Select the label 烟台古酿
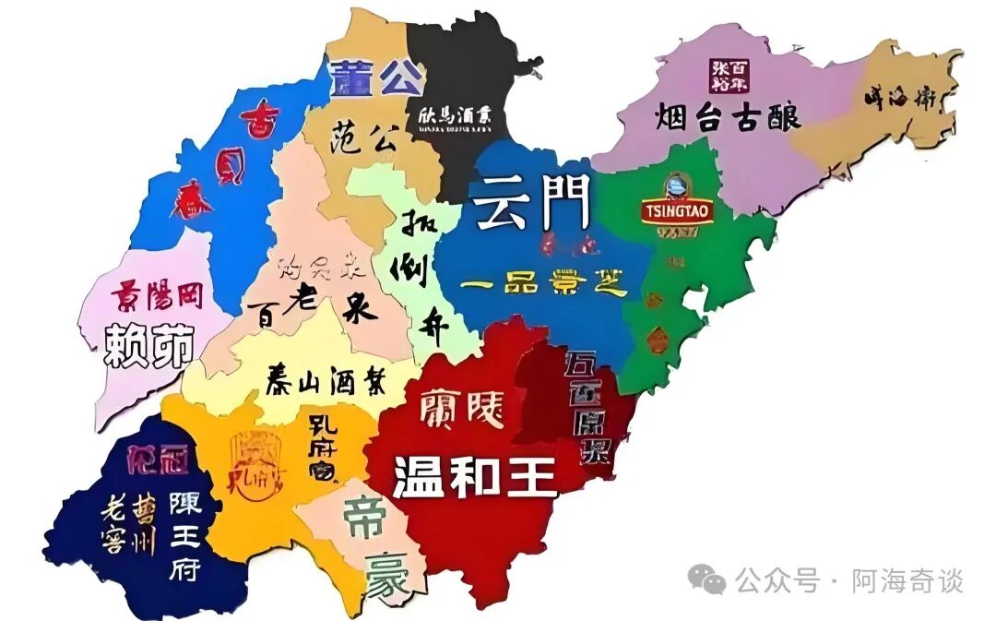729,117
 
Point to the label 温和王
475,477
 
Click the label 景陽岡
158,295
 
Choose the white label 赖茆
150,345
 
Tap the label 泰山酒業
326,378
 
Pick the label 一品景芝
544,283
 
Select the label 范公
363,139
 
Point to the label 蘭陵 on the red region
462,409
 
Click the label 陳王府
184,535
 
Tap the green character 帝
364,519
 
